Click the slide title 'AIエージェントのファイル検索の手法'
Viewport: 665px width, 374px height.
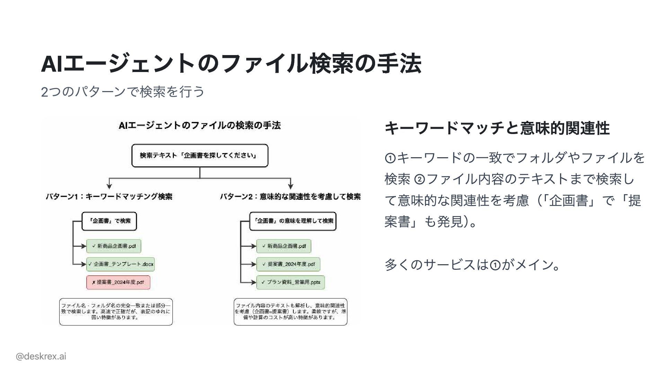[x=231, y=64]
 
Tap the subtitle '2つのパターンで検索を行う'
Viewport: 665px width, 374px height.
[x=123, y=92]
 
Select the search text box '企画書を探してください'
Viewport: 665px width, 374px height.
[x=200, y=155]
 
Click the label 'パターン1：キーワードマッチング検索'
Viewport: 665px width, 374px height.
[x=109, y=197]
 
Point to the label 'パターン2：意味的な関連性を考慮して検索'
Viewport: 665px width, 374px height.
[x=290, y=197]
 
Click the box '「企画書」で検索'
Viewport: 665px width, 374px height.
[x=109, y=221]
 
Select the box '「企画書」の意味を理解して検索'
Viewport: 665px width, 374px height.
[x=293, y=221]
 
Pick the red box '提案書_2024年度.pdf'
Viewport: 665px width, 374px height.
[x=118, y=282]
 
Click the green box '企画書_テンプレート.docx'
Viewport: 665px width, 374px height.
[x=120, y=264]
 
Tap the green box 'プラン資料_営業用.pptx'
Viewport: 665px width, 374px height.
[x=290, y=282]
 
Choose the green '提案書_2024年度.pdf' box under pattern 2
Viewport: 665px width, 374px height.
[x=288, y=264]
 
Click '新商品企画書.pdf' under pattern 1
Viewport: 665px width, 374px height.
[x=114, y=246]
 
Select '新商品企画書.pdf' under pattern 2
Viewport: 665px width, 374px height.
[x=284, y=246]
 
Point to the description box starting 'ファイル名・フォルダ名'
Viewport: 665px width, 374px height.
[x=116, y=312]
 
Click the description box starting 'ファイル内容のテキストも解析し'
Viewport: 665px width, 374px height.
[x=290, y=312]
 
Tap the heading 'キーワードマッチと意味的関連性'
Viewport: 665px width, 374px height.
[x=497, y=128]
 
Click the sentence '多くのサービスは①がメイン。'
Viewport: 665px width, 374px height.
[x=472, y=265]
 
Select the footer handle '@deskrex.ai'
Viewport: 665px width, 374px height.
[x=41, y=356]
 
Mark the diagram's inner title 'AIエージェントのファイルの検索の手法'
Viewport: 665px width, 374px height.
[x=199, y=125]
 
